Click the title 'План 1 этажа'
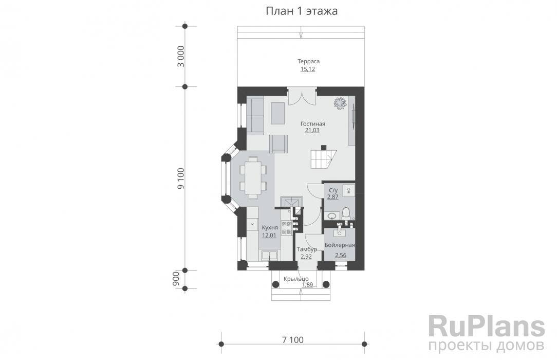pos(302,11)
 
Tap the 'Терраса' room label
pos(308,61)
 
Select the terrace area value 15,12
pos(308,69)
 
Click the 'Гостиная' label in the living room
pos(312,123)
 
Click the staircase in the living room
pos(323,158)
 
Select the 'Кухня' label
pos(270,227)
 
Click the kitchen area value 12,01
pos(269,235)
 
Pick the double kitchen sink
pos(270,256)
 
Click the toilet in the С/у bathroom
pos(346,213)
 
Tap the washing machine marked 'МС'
pos(348,190)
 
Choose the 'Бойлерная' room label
pos(340,245)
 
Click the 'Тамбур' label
pos(307,249)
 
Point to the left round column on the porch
pos(275,284)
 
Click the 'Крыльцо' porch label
pos(296,279)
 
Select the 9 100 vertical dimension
pos(181,178)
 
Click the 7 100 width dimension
pos(293,340)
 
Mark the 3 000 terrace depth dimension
pos(181,56)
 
